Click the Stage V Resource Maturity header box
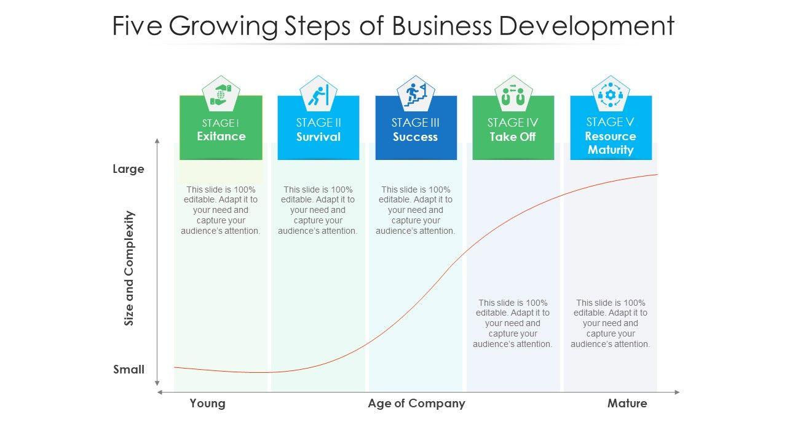coord(611,135)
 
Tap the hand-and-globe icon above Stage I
coord(221,94)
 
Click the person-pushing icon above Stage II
coord(318,94)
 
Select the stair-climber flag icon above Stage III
coord(416,94)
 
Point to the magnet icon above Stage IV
coord(513,94)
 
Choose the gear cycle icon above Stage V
coord(611,94)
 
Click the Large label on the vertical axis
coord(129,169)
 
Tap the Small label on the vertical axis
coord(129,370)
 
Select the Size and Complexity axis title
coord(129,268)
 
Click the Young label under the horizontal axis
coord(208,404)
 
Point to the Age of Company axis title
coord(416,404)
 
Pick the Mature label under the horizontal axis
coord(627,404)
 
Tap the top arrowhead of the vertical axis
coord(157,142)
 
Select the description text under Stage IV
coord(513,323)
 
